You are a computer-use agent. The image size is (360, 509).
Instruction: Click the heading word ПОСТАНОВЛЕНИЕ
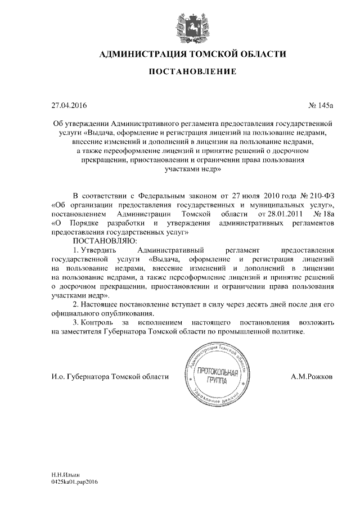tap(180, 71)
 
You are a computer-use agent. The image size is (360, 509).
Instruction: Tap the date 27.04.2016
tap(66, 105)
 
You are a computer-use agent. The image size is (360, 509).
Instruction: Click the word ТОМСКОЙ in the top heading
tap(208, 54)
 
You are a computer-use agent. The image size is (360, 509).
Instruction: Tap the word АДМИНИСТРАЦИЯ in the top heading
tap(141, 54)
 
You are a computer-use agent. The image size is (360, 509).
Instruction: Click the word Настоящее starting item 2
tap(104, 304)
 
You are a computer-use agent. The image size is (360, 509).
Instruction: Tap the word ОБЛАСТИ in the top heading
tap(262, 54)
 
